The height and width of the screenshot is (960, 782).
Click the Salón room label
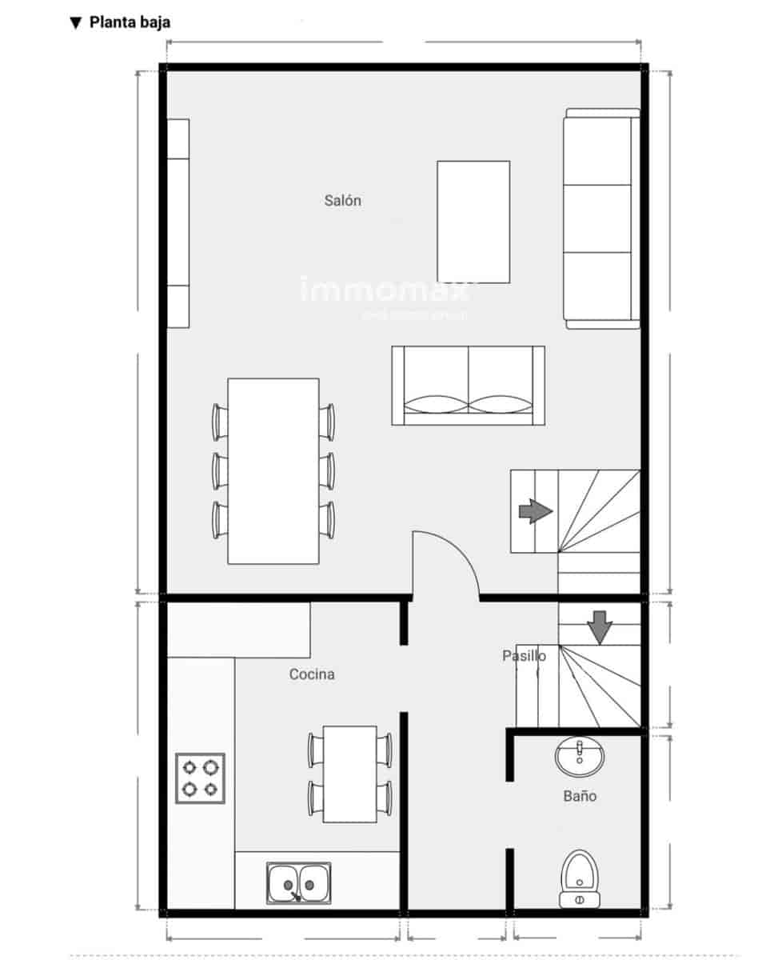[x=342, y=200]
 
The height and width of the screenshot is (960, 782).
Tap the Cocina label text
[x=312, y=674]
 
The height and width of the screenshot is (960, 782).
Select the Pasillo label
[x=524, y=656]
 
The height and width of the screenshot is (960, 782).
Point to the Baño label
[x=580, y=796]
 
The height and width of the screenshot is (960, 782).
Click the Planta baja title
[x=130, y=22]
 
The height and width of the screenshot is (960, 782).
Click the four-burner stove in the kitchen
[x=200, y=778]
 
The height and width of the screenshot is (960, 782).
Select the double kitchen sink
[x=298, y=883]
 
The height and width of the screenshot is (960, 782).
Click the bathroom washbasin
[x=579, y=757]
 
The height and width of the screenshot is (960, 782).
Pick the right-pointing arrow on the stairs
[x=535, y=511]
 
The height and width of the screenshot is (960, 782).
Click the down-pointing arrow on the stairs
[x=600, y=627]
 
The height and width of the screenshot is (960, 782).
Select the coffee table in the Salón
[x=473, y=222]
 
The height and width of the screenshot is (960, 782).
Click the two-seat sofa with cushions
[x=468, y=385]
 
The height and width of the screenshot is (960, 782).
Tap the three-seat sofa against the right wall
[x=601, y=218]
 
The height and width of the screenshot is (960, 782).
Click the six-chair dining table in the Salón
[x=273, y=470]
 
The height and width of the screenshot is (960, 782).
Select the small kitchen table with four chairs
[x=350, y=774]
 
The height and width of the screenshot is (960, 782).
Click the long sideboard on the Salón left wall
[x=178, y=223]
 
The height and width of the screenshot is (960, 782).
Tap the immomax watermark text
[x=385, y=290]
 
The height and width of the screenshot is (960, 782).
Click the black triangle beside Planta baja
[x=76, y=22]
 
